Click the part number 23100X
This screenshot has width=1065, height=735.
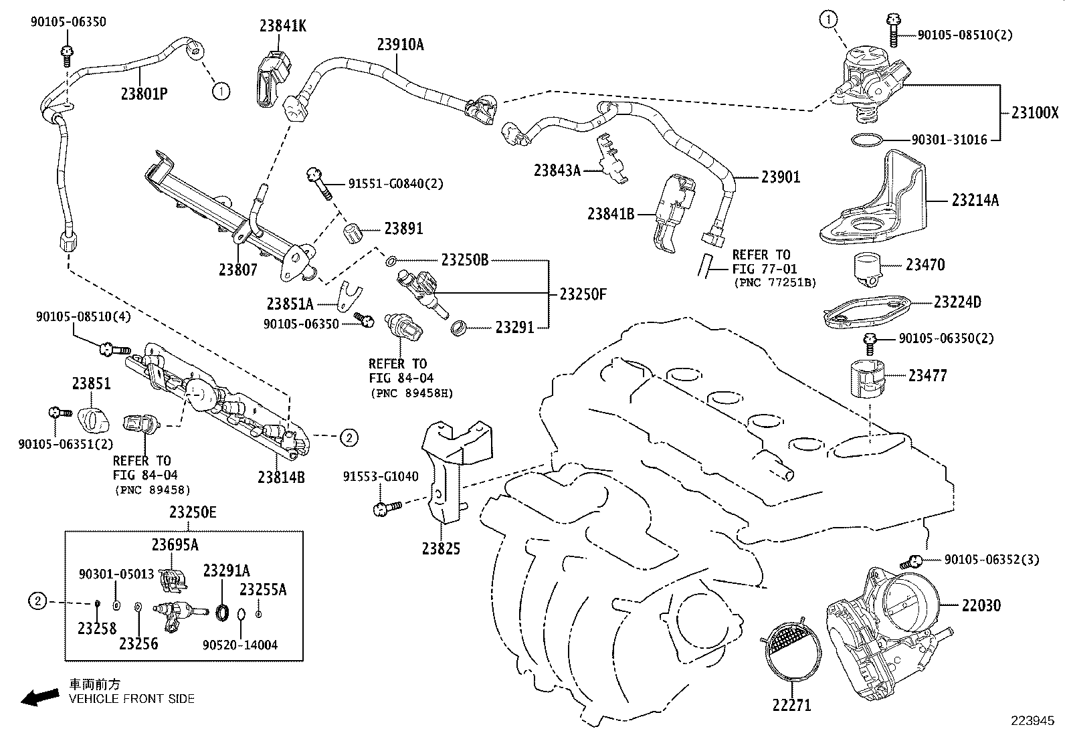1034,114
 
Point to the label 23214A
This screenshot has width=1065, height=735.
975,200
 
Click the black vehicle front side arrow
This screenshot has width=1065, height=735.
39,698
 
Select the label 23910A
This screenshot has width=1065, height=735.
400,45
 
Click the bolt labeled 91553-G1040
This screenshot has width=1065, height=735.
385,508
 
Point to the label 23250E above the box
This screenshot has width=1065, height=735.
193,513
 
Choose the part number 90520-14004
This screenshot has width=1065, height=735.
240,645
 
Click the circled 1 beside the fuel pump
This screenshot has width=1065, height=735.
828,21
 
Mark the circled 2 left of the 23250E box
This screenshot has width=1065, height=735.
38,602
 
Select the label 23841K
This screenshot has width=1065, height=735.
284,26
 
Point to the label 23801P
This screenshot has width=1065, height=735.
144,94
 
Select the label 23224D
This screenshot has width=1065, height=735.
957,302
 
